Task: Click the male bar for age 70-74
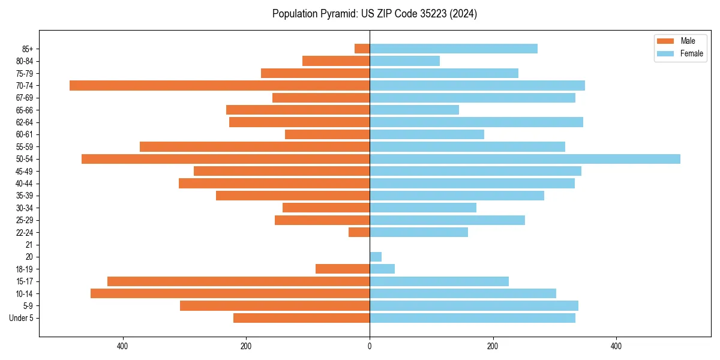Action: [x=220, y=85]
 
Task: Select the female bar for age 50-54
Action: [x=525, y=159]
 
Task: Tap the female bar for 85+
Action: [x=454, y=49]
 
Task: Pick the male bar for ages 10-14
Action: [x=230, y=293]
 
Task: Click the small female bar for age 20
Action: [x=376, y=257]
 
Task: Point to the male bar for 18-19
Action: [x=343, y=269]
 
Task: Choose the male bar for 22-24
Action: [x=359, y=232]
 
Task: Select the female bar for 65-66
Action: [x=414, y=110]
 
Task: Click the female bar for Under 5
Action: [x=472, y=318]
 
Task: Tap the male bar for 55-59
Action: [x=254, y=146]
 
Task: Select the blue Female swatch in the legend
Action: [x=665, y=53]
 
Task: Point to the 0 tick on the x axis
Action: [x=370, y=346]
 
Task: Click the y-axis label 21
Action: [x=29, y=245]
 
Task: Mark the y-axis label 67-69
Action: [x=25, y=98]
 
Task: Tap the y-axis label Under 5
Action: [x=22, y=318]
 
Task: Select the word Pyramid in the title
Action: [x=338, y=14]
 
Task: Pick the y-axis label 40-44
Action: [x=25, y=184]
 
